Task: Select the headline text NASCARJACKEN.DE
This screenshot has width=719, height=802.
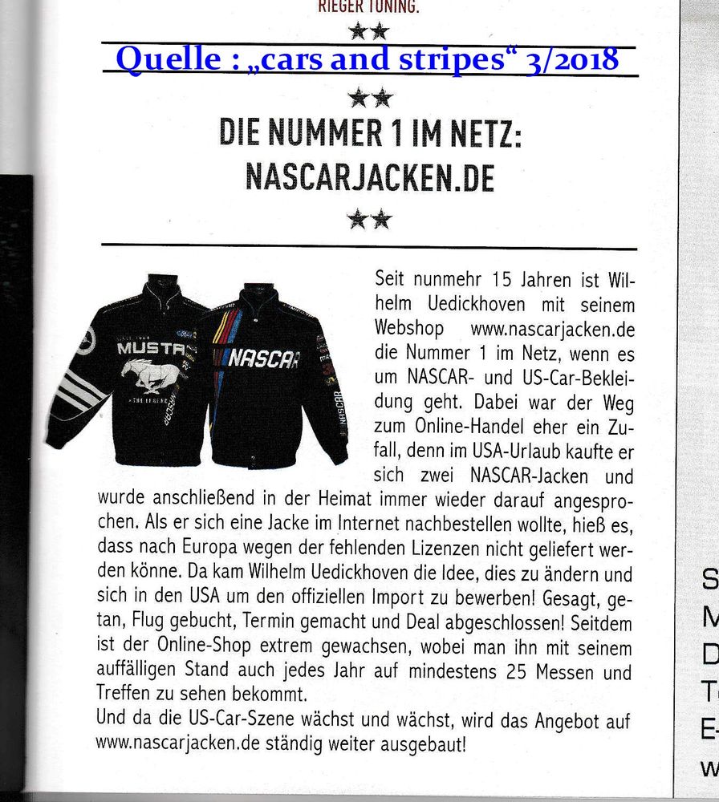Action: pyautogui.click(x=369, y=177)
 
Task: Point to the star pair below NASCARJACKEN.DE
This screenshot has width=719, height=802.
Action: pyautogui.click(x=369, y=218)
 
